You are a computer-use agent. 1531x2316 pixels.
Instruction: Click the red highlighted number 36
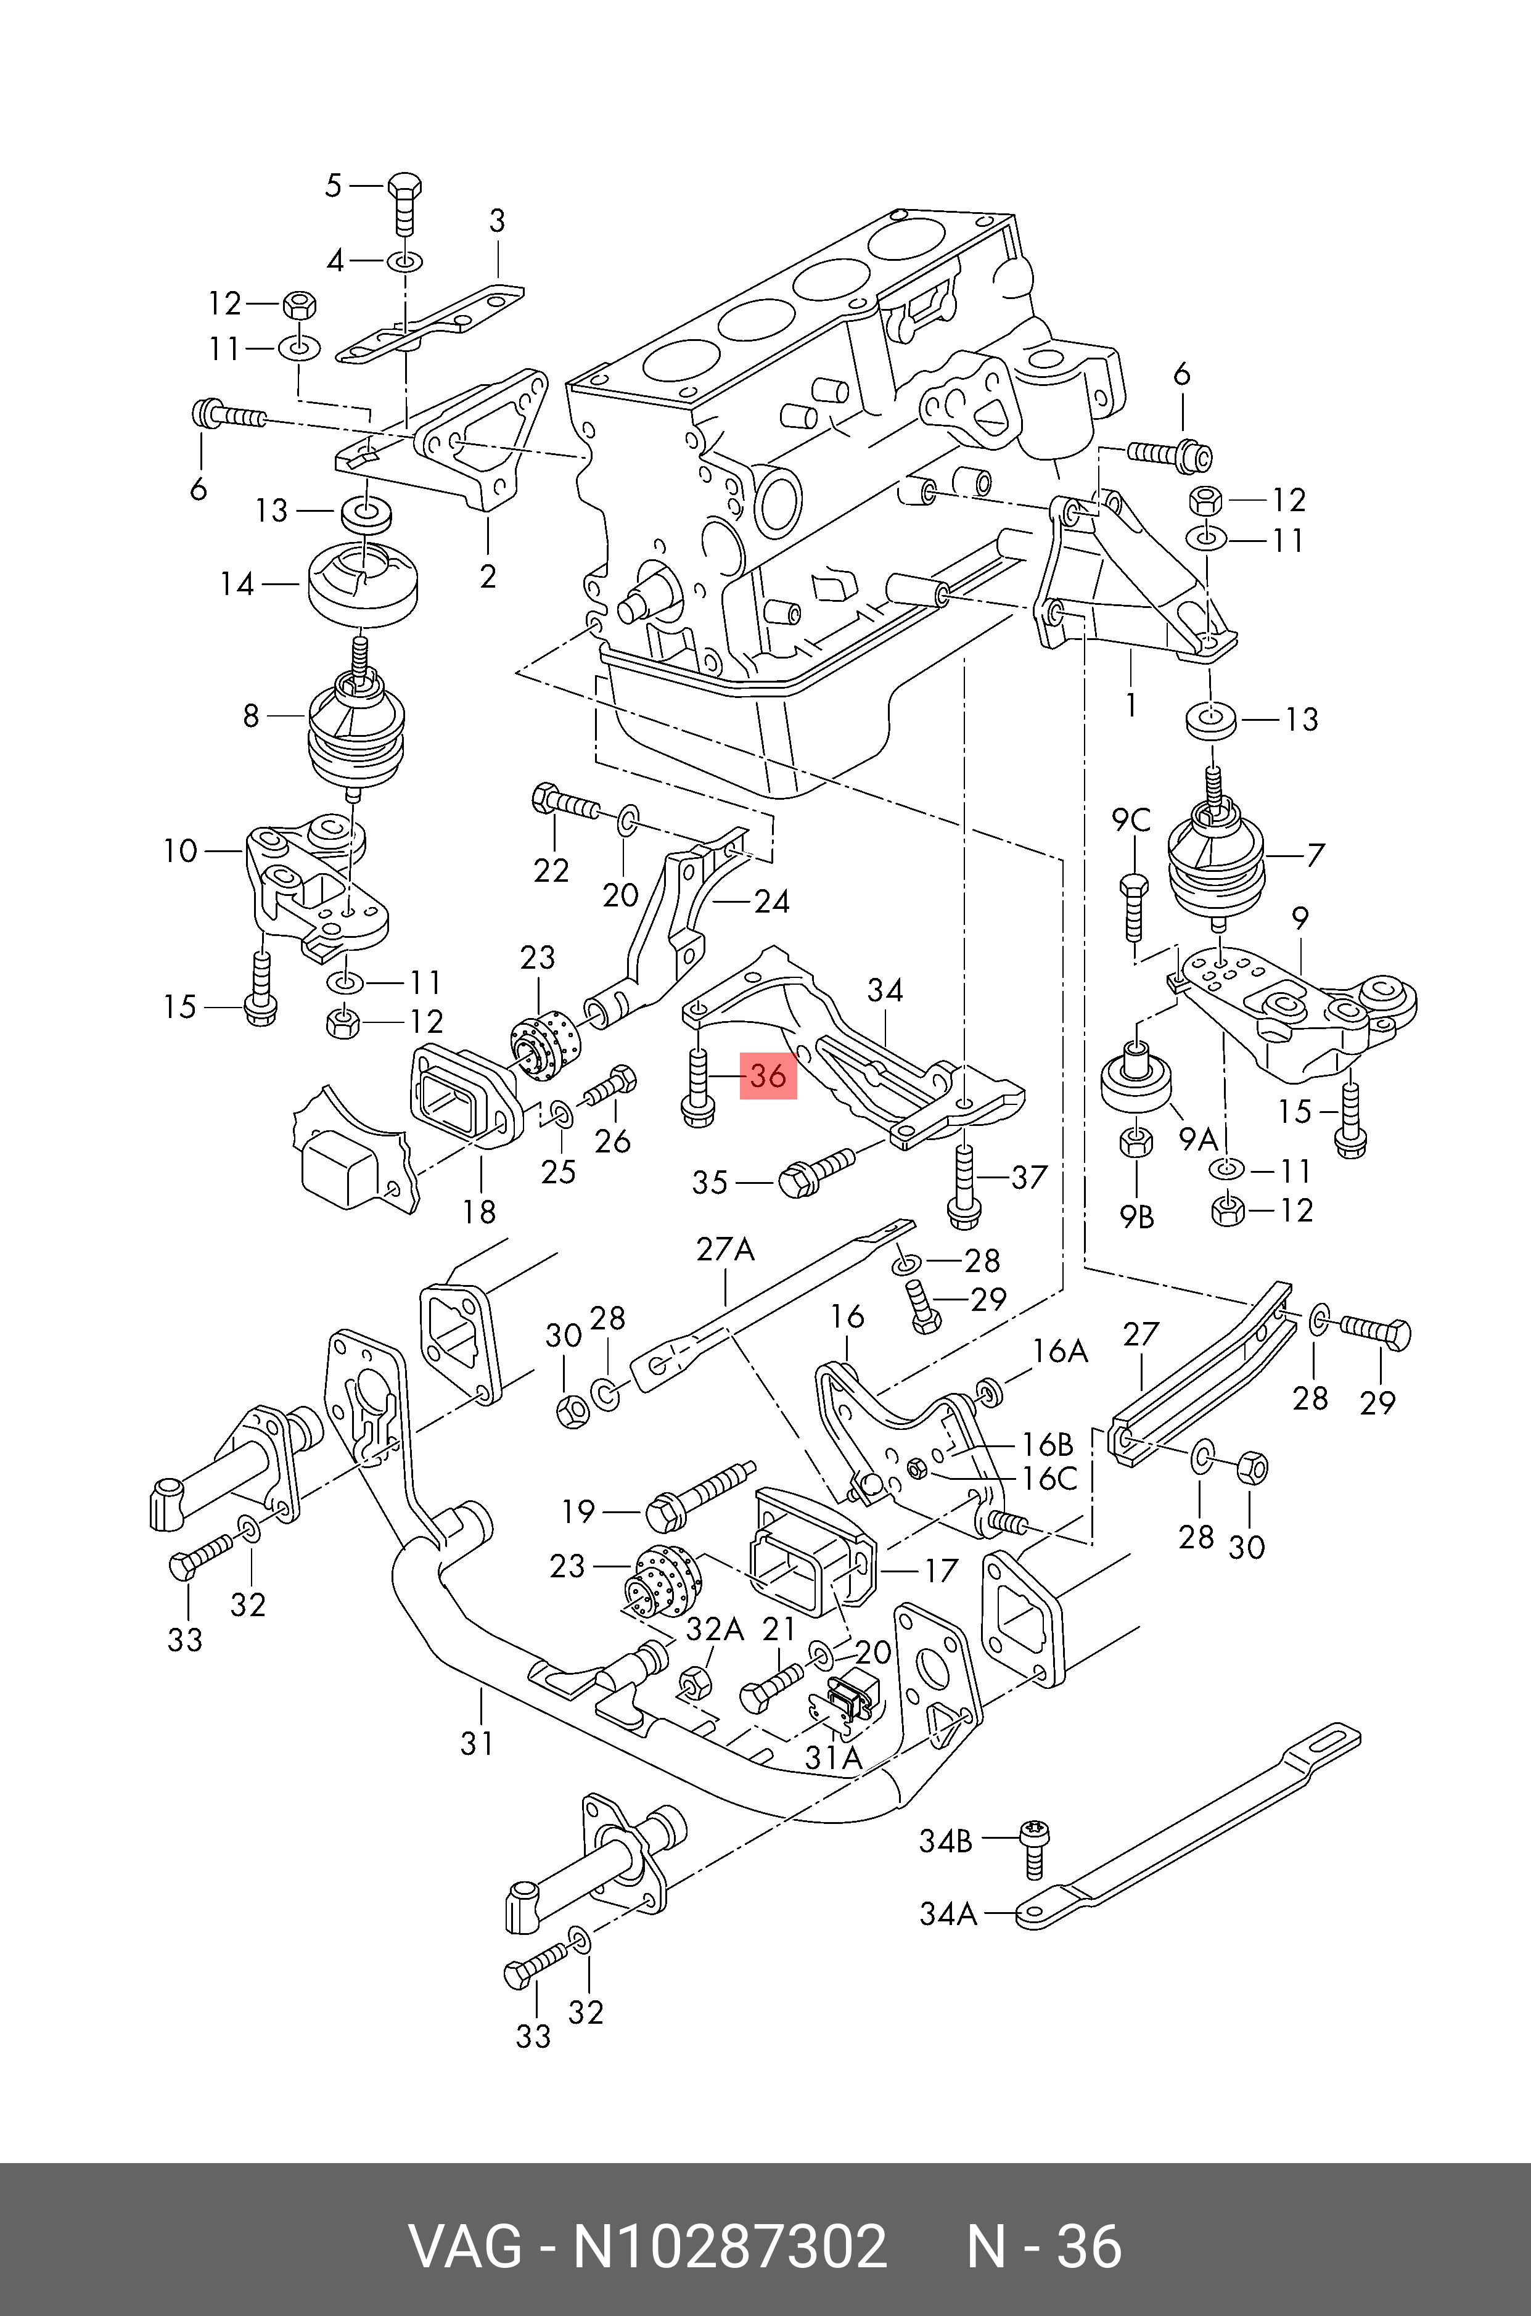[x=768, y=1076]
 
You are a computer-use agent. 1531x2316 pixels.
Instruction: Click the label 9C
[x=1131, y=820]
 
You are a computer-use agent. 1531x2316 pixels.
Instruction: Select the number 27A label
[x=726, y=1249]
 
